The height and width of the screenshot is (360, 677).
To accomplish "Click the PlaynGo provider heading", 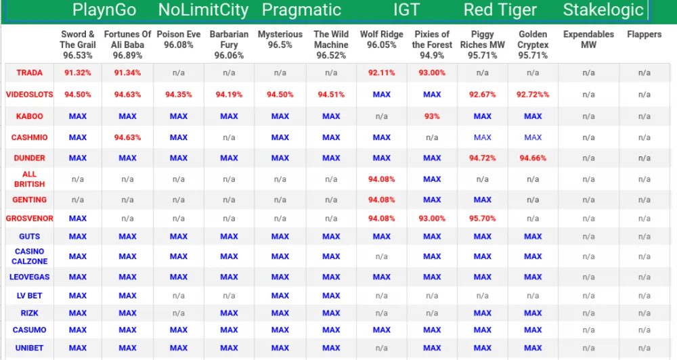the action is coord(104,10).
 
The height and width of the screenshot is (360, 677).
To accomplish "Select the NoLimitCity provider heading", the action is coord(203,10).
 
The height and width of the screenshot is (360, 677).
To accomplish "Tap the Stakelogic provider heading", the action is coord(603,10).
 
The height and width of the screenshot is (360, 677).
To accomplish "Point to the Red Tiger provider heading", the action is coord(500,10).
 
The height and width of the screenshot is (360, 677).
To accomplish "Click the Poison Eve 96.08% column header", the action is coord(178,39).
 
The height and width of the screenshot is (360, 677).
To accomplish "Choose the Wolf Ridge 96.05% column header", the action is coord(381,39).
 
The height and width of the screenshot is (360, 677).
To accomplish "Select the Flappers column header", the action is coord(645,34).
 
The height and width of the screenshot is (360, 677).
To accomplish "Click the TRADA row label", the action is coord(29,72).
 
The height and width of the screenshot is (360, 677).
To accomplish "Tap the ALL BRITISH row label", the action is coord(29,179).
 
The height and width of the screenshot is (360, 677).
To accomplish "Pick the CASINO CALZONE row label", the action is coord(29,256).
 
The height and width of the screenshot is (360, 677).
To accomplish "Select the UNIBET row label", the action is coord(29,348).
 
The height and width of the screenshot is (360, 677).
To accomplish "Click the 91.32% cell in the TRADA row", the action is coord(78,72).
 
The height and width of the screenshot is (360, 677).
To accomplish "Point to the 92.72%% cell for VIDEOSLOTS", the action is coord(533,95).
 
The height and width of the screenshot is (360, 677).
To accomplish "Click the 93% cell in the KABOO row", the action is coord(432,116).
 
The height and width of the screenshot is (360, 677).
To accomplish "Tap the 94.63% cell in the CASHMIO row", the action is coord(127,137).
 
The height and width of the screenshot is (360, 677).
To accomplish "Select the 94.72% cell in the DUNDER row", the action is coord(482,158).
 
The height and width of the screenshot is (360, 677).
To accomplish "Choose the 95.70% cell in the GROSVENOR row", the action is coord(482,219).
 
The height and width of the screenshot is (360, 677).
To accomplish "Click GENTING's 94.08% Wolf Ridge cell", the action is coord(381,200).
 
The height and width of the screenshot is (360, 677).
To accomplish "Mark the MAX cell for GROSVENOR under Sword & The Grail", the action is coord(78,219).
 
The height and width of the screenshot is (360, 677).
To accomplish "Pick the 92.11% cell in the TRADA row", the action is coord(381,72).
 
